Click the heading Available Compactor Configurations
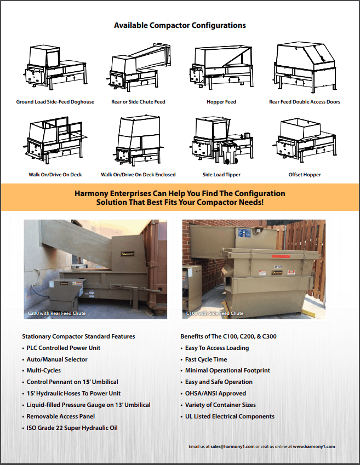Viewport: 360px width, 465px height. [x=180, y=25]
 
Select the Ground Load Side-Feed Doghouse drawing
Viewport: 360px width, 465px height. [x=55, y=68]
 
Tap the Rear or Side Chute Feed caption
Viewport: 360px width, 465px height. [x=138, y=102]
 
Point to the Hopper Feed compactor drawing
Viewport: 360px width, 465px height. [x=221, y=68]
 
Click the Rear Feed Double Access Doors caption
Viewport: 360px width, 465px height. [x=304, y=102]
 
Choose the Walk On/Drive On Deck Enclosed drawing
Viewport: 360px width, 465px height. [x=138, y=142]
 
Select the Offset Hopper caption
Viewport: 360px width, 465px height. [x=304, y=175]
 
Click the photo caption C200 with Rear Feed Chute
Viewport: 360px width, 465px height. [x=56, y=313]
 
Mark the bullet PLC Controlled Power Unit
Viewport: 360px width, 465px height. [x=64, y=348]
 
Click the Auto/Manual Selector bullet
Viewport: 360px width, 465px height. [x=57, y=359]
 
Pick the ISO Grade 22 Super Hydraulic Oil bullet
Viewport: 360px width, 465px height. [x=72, y=428]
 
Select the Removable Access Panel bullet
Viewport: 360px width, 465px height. [x=60, y=416]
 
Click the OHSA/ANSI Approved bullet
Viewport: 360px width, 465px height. [x=215, y=393]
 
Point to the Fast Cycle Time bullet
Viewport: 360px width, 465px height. [x=206, y=359]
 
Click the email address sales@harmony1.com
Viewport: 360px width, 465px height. [x=230, y=446]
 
